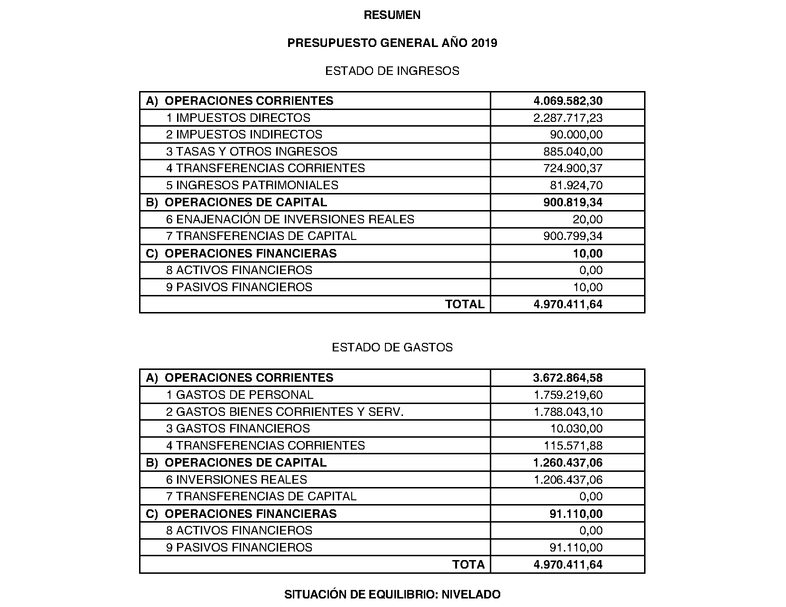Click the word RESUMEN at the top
point(392,15)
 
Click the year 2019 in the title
point(484,43)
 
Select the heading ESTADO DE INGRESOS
point(392,71)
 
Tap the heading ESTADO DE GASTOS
point(392,348)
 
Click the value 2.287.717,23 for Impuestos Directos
point(568,118)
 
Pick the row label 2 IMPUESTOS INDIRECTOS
point(244,135)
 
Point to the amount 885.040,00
point(573,152)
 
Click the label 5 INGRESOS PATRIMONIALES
point(252,185)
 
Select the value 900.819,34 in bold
point(573,202)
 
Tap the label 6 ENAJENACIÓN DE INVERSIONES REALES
point(290,220)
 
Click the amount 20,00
point(588,220)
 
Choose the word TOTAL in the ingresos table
point(465,304)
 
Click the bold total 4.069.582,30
point(568,101)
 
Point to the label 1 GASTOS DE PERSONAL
point(240,395)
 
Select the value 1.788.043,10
point(568,412)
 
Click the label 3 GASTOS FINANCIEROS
point(238,429)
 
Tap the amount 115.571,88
point(573,446)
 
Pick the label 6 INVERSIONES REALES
point(236,480)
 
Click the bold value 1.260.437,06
point(568,463)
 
